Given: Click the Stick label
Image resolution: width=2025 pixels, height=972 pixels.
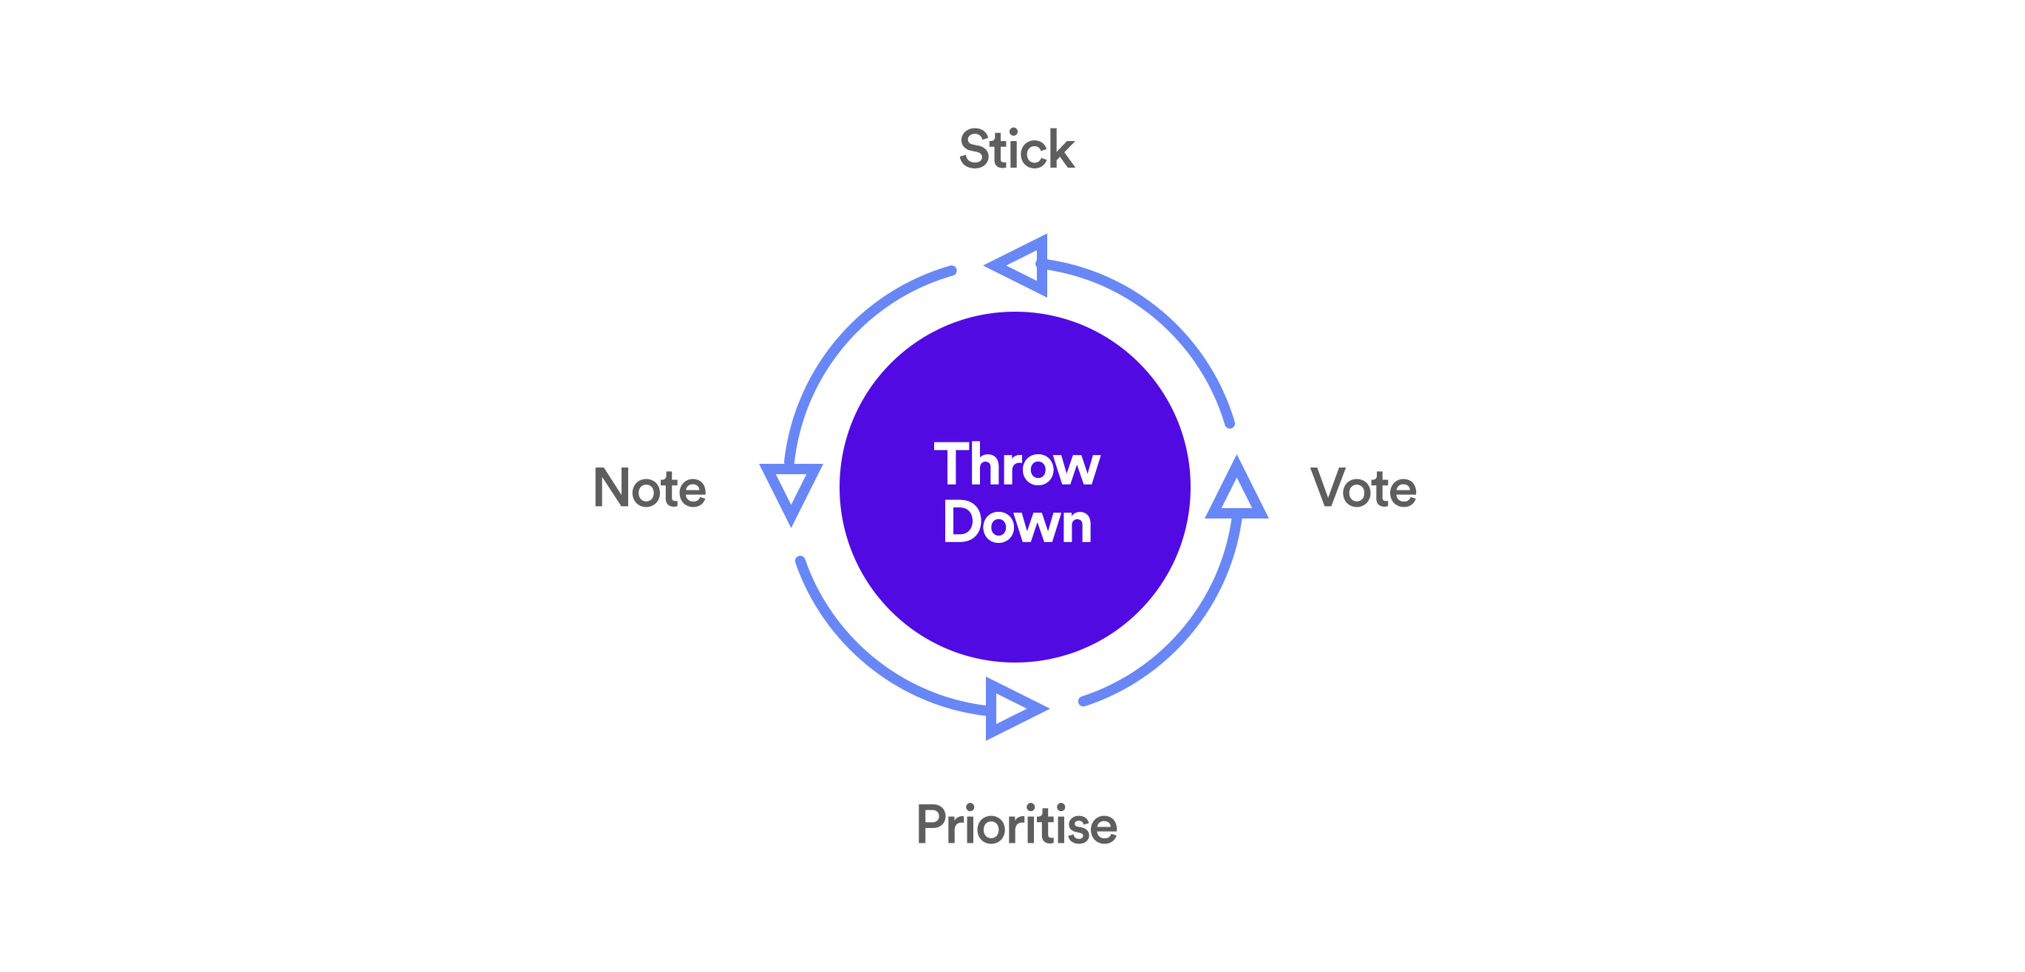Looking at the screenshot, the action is pyautogui.click(x=1016, y=148).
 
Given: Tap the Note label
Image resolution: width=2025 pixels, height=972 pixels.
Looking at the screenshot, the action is pyautogui.click(x=650, y=487).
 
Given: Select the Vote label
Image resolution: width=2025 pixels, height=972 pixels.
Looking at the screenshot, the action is pyautogui.click(x=1363, y=487).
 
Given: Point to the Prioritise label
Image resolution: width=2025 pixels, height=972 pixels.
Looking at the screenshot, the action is pyautogui.click(x=1016, y=824).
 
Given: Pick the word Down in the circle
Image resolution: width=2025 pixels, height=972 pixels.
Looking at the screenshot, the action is pyautogui.click(x=1017, y=521).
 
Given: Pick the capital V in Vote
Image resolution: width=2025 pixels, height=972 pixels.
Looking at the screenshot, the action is pyautogui.click(x=1330, y=487).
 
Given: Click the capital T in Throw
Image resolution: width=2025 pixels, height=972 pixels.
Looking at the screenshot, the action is pyautogui.click(x=951, y=464).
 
